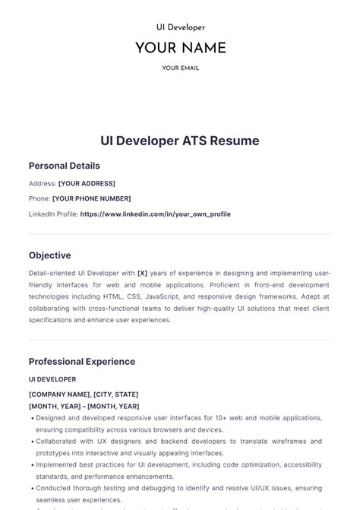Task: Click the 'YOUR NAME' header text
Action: point(180,48)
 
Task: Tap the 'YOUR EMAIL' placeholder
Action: point(180,68)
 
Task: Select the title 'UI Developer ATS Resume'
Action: point(180,141)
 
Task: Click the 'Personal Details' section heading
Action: point(64,166)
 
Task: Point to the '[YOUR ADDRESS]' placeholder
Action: point(87,183)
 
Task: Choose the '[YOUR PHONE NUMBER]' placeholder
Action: point(91,198)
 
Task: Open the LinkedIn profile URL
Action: point(155,214)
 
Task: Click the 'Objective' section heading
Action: point(49,255)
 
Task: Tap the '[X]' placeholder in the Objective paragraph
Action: point(142,272)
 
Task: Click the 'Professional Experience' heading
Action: point(82,362)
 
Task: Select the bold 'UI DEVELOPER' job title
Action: point(52,379)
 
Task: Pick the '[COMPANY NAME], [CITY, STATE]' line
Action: point(84,394)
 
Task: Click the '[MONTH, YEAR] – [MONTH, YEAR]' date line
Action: point(84,407)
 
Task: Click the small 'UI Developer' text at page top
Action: point(180,27)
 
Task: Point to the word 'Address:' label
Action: point(43,183)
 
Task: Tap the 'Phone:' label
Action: point(39,198)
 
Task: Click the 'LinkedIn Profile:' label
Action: point(53,214)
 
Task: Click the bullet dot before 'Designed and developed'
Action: point(31,418)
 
